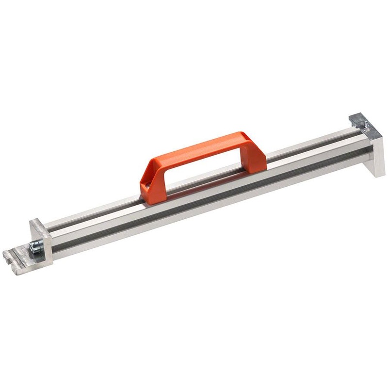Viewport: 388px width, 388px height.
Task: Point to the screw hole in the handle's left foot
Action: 145,185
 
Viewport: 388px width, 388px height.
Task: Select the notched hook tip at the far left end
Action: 10,255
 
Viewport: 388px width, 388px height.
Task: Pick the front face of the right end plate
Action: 377,150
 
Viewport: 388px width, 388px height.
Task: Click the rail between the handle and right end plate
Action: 310,155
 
